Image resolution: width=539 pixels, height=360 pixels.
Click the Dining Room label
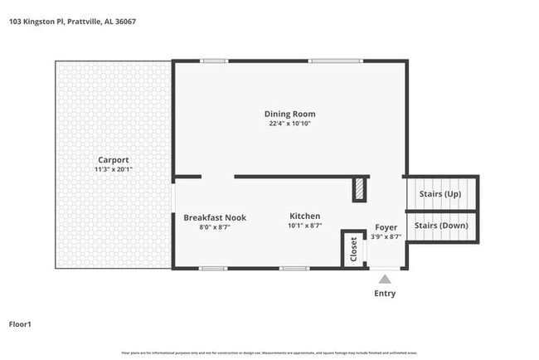pyautogui.click(x=289, y=114)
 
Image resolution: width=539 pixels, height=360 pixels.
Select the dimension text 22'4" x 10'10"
pyautogui.click(x=289, y=124)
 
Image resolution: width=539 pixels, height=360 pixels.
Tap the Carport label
pyautogui.click(x=113, y=159)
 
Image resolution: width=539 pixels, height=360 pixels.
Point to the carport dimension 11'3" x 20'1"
pyautogui.click(x=113, y=169)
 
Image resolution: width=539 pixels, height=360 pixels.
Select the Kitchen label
pyautogui.click(x=304, y=216)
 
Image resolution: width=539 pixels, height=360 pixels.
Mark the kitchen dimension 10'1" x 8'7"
pyautogui.click(x=304, y=226)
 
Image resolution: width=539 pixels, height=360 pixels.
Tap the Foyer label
pyautogui.click(x=386, y=226)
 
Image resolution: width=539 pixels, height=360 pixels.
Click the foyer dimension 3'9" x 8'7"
pyautogui.click(x=386, y=236)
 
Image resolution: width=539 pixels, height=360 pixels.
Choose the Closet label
pyautogui.click(x=354, y=249)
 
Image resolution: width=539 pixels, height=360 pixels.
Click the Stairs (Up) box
pyautogui.click(x=440, y=193)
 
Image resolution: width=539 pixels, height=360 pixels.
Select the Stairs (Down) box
pyautogui.click(x=440, y=226)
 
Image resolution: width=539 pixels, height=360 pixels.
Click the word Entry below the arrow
pyautogui.click(x=385, y=294)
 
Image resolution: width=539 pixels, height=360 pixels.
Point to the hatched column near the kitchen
pyautogui.click(x=359, y=189)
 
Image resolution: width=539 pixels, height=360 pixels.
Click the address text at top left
pyautogui.click(x=72, y=22)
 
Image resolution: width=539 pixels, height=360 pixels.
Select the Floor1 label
pyautogui.click(x=22, y=324)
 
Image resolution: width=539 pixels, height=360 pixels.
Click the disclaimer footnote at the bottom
pyautogui.click(x=269, y=353)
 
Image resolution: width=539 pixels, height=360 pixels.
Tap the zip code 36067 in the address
pyautogui.click(x=124, y=22)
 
